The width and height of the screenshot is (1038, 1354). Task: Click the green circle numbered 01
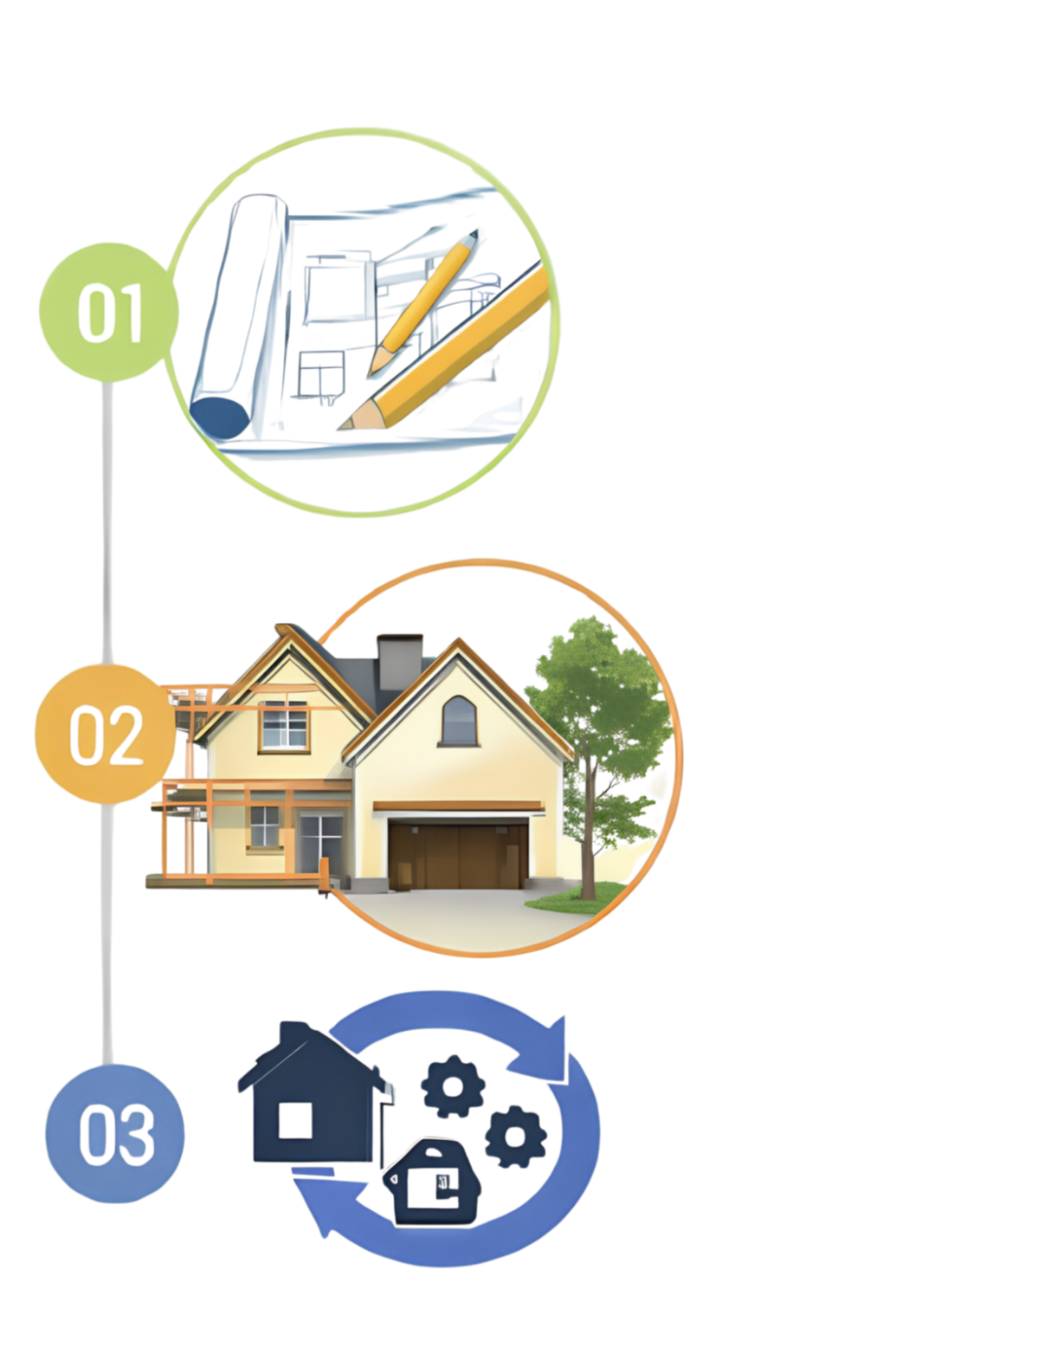[x=109, y=312]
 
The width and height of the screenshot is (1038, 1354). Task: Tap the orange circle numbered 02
[x=106, y=734]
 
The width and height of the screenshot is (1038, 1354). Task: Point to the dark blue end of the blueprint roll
[x=218, y=417]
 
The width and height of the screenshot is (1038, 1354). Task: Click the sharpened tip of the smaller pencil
[x=371, y=374]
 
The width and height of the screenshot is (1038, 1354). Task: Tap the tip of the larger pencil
[x=340, y=427]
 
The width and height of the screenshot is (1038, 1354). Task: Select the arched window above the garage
[x=459, y=721]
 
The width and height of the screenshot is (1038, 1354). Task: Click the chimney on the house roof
[x=399, y=662]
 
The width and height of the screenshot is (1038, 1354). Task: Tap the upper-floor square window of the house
[x=284, y=727]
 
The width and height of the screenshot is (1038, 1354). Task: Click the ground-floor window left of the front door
[x=265, y=826]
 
